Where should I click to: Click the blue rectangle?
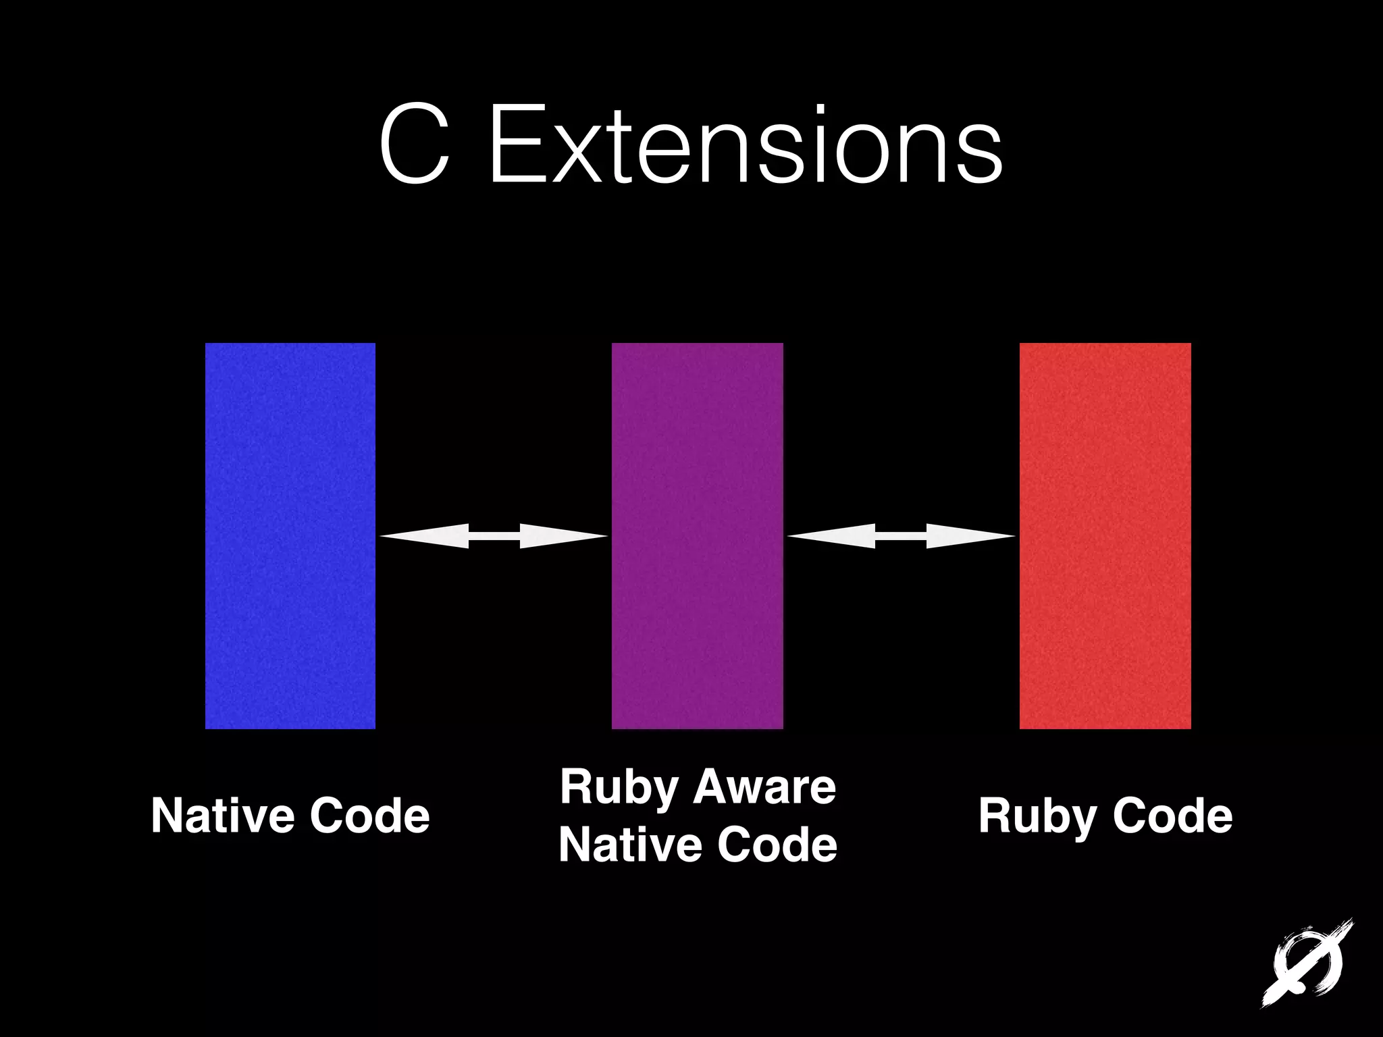[x=290, y=535]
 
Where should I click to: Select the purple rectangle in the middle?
[x=697, y=535]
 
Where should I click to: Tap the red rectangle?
[x=1105, y=535]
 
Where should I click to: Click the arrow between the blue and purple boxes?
[x=494, y=536]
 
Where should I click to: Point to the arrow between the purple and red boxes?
[x=901, y=536]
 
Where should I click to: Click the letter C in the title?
[x=414, y=144]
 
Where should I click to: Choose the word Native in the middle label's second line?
[x=630, y=845]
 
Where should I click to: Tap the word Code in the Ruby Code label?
[x=1172, y=816]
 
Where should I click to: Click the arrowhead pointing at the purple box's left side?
[x=564, y=536]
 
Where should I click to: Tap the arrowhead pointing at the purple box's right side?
[x=831, y=536]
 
